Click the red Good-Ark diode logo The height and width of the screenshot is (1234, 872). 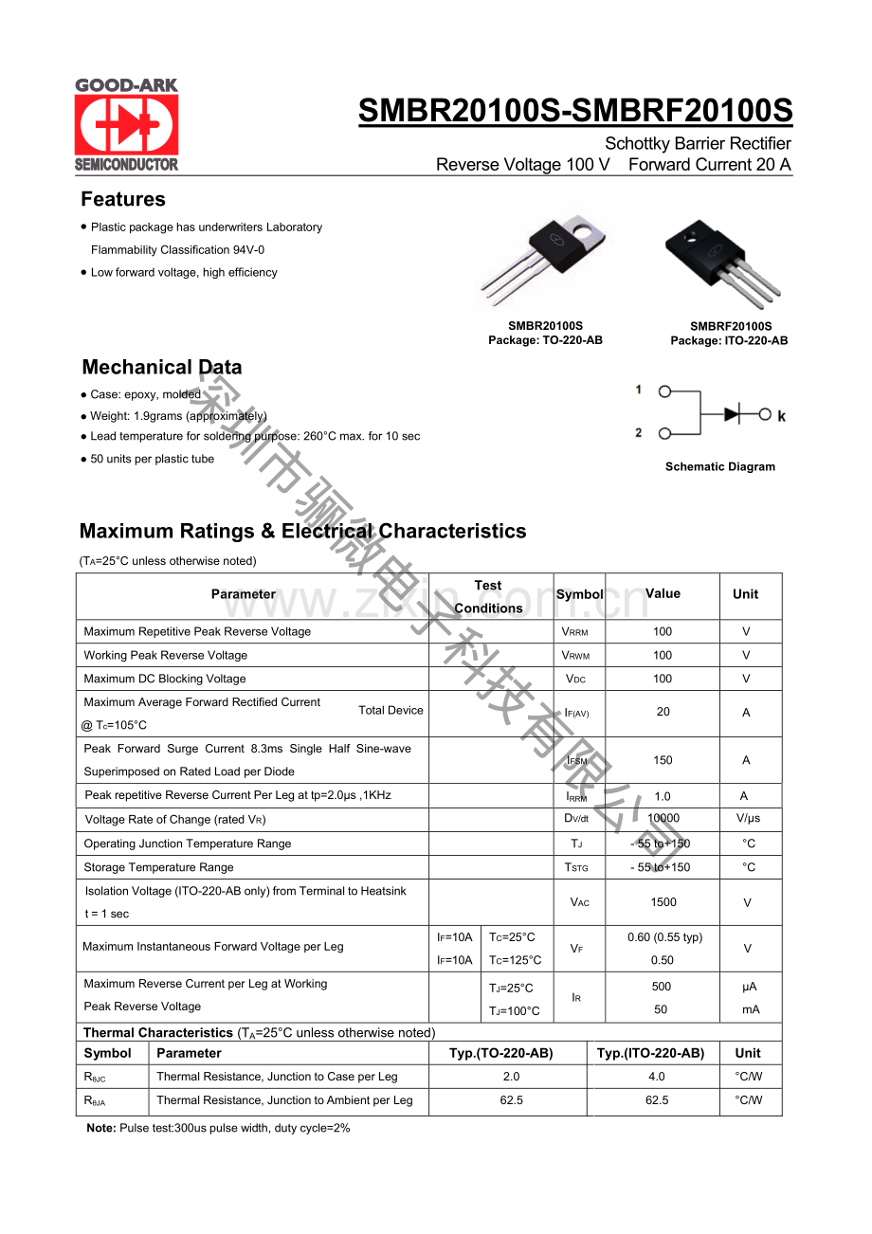126,124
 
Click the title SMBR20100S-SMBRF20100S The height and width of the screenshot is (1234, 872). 575,112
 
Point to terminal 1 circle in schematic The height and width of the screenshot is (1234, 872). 665,390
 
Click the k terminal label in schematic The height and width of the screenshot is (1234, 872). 782,416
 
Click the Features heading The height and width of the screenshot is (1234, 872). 123,199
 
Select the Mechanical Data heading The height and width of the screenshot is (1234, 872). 162,367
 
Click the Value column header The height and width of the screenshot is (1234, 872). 663,594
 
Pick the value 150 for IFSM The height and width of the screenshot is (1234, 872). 663,760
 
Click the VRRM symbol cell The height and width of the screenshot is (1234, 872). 575,632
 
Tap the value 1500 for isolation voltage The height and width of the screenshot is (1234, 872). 663,902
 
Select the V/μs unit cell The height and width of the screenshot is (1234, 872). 747,818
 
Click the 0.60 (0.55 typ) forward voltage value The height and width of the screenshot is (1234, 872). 664,937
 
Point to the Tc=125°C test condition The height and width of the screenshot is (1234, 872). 516,960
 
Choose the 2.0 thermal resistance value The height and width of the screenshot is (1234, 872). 512,1077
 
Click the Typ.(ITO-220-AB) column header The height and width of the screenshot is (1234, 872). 650,1053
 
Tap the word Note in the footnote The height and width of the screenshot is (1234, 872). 100,1128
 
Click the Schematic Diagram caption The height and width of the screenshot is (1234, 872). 719,466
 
